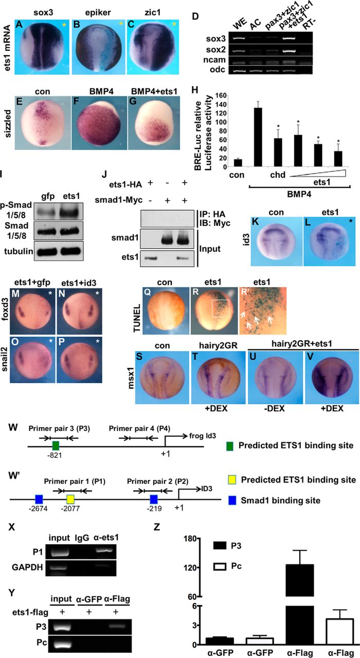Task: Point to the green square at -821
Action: [56, 445]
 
